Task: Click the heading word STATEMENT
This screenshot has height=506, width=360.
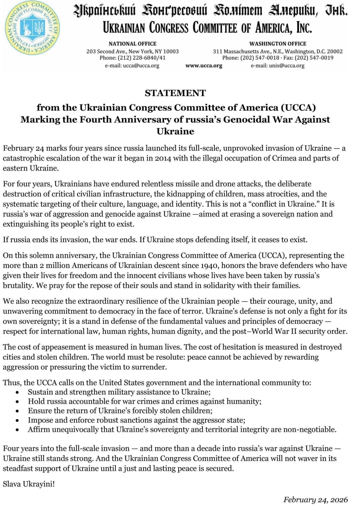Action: [x=175, y=93]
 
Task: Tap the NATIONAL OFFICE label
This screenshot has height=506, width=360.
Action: [x=132, y=44]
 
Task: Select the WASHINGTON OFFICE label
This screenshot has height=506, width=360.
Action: [x=278, y=44]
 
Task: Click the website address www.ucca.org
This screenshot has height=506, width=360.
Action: [x=204, y=66]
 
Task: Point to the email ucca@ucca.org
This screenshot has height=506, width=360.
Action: [x=141, y=66]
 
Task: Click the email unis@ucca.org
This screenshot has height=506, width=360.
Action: [x=287, y=66]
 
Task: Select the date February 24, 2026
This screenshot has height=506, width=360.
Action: [x=315, y=499]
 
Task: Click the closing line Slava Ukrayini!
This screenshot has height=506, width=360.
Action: [x=29, y=484]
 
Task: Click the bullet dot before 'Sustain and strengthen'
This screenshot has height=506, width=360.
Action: [x=17, y=393]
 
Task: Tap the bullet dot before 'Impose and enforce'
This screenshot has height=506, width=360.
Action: [x=17, y=421]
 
